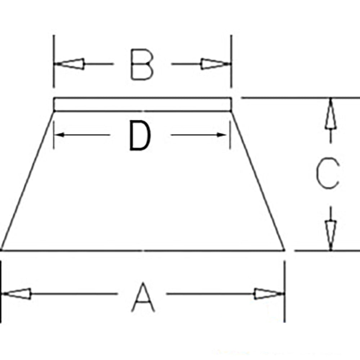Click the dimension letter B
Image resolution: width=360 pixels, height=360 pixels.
coord(141,64)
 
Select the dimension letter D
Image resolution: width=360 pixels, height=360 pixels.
coord(140,135)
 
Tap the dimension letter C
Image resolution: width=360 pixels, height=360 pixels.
coord(328,173)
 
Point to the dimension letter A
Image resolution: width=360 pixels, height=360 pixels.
coord(143,297)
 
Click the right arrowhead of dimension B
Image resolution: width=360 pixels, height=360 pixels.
coord(216,64)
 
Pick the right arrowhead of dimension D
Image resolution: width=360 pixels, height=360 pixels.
coord(222,135)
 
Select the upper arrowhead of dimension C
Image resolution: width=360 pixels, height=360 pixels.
coord(330,113)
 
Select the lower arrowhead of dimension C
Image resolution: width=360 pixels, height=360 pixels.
coord(330,235)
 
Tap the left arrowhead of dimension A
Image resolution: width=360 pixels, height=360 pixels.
coord(16,294)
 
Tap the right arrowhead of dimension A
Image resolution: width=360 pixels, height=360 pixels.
coord(269,294)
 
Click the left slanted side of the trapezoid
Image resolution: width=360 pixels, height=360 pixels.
coord(28,181)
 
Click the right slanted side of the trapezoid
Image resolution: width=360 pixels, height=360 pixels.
coord(258,181)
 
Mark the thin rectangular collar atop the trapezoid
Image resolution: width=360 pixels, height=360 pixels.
coord(143,104)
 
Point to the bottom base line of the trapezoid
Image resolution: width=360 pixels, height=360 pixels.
coord(143,250)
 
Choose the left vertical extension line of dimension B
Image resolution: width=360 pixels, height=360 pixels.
coord(54,61)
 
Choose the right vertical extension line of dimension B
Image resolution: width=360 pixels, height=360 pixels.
coord(231,61)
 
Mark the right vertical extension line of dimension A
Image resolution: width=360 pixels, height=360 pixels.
coord(285,291)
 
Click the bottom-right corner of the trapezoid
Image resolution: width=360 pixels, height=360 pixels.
coord(285,250)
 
